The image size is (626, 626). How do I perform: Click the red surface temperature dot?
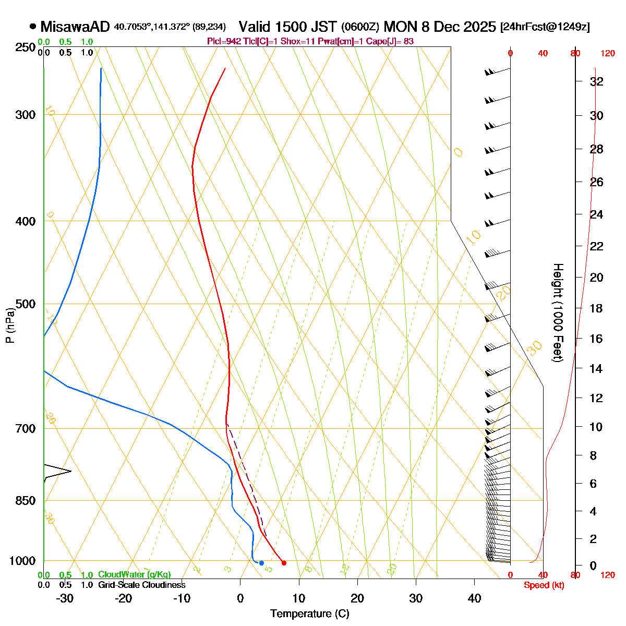tap(284, 563)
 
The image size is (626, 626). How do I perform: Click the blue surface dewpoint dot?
tap(261, 563)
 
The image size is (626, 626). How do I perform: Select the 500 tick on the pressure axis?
tap(25, 304)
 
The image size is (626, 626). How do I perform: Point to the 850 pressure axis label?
tap(25, 500)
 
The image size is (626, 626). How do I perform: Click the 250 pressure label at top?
tap(25, 47)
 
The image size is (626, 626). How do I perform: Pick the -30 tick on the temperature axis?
tap(65, 598)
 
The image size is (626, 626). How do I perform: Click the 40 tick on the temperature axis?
tap(474, 598)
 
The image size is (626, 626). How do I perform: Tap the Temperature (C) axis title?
tap(309, 613)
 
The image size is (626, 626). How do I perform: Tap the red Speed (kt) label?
tap(544, 585)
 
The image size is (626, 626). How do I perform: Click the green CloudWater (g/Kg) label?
tap(134, 575)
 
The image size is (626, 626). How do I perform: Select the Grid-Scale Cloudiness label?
tap(141, 585)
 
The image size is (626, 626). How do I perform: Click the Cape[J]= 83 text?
tap(393, 41)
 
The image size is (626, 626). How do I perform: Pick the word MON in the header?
tap(397, 27)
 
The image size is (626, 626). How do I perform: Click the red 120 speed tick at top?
tap(607, 53)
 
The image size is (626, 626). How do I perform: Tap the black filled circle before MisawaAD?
tap(33, 26)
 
